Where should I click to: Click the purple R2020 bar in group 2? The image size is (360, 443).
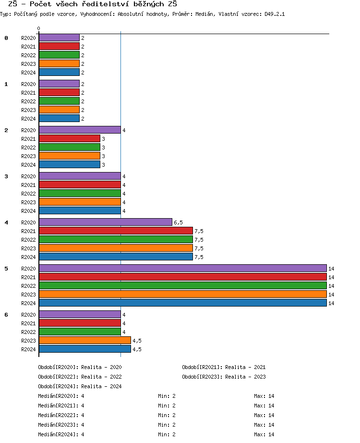pos(80,130)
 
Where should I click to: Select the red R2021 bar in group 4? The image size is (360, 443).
pos(116,231)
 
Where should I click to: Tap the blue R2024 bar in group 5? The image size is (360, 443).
pos(182,303)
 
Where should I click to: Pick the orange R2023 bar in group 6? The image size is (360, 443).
pos(85,340)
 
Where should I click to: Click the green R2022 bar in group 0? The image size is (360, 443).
pos(59,55)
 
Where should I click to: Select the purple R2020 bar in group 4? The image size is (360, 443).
pos(106,222)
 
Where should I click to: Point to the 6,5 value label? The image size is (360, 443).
pos(178,222)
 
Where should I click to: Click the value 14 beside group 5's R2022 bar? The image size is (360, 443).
pos(331,286)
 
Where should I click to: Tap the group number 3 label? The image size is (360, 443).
pos(6,176)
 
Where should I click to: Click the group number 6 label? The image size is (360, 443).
pos(6,315)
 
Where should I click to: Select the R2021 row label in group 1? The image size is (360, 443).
pos(28,93)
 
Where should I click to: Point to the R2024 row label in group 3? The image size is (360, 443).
pos(28,211)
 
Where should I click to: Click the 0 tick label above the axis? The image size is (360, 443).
pos(38,29)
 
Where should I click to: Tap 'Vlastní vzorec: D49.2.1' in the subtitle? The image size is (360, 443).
pos(252,14)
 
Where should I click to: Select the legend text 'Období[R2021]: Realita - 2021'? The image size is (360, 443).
pos(224,367)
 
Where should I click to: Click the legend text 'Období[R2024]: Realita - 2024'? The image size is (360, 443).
pos(80,386)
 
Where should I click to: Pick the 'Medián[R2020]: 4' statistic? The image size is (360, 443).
pos(61,396)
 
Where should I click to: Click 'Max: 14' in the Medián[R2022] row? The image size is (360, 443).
pos(264,415)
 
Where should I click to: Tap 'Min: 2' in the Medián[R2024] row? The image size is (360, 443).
pos(167,434)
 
